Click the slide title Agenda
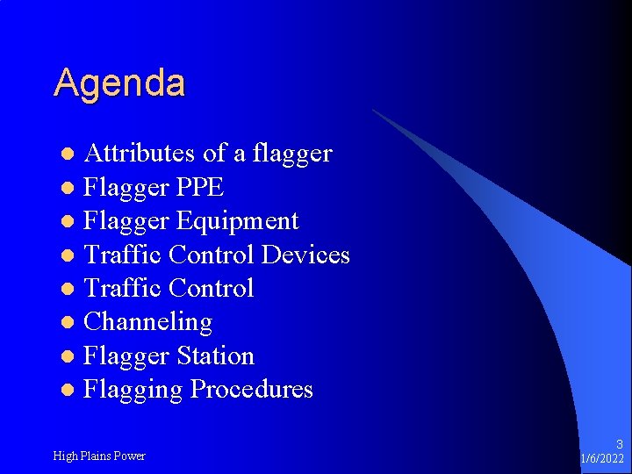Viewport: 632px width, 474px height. (119, 83)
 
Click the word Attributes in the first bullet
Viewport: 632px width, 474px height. (140, 154)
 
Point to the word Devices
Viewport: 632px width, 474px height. (305, 255)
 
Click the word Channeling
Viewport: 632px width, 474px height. (147, 322)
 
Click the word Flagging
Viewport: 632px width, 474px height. (133, 390)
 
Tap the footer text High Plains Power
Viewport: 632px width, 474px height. (99, 456)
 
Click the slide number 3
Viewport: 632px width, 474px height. (619, 445)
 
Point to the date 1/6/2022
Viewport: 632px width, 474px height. (602, 459)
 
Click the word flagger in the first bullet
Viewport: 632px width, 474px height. (291, 154)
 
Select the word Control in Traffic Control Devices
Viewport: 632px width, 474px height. (212, 255)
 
